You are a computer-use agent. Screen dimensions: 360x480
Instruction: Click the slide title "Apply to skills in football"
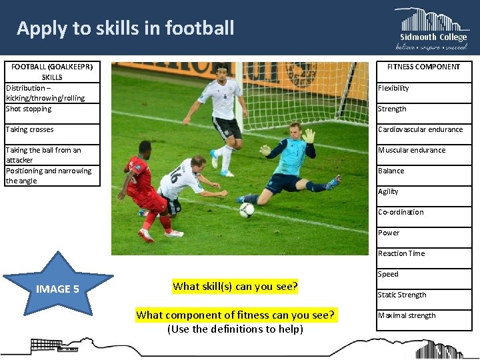(x=125, y=28)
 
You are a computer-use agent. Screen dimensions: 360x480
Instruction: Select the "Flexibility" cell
(x=423, y=88)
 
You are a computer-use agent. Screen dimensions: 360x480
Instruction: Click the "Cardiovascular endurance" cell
(x=423, y=129)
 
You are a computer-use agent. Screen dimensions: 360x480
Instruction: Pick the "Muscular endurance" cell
(x=423, y=150)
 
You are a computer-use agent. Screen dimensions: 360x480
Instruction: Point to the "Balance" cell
(x=423, y=171)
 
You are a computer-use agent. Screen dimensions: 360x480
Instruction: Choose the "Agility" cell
(x=423, y=191)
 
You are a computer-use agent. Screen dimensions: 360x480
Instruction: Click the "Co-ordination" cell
(x=423, y=212)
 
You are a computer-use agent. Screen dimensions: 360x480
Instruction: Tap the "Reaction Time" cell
(x=423, y=253)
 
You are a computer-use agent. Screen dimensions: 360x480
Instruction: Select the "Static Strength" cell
(x=423, y=295)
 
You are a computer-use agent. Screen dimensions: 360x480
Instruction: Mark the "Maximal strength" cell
(x=423, y=315)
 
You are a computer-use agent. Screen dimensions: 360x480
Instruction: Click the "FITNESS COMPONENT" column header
(x=424, y=67)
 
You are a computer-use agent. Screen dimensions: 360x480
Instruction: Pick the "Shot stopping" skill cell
(x=52, y=109)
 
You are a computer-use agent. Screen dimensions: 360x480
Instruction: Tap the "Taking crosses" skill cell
(x=52, y=129)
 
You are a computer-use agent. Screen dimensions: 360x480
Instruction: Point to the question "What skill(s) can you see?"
(x=235, y=287)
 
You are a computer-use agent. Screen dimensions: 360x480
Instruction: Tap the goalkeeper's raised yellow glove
(x=308, y=136)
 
